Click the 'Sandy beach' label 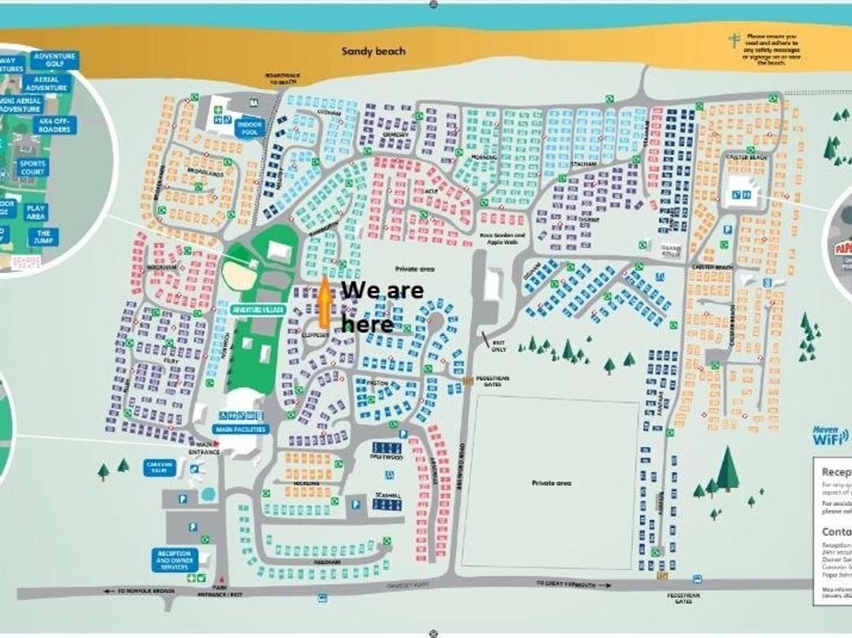click(x=373, y=51)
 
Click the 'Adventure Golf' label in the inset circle click(x=55, y=61)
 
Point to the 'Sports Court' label click(x=32, y=168)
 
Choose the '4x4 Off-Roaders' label click(x=53, y=125)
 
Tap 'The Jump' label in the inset click(x=43, y=237)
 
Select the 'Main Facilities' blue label click(x=240, y=429)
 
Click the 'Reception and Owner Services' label click(x=174, y=560)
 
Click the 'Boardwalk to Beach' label click(x=281, y=78)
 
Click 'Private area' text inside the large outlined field click(x=552, y=482)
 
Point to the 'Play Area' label click(x=36, y=212)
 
